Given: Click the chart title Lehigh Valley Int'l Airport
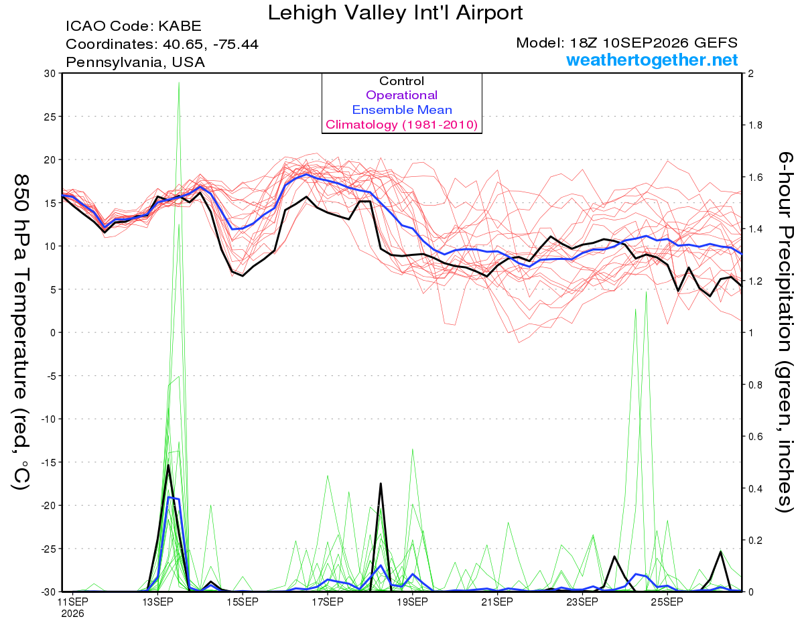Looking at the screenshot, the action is [x=395, y=13].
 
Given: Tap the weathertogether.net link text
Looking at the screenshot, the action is [x=652, y=60].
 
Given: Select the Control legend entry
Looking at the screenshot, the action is [x=401, y=81].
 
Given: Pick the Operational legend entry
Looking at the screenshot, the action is [x=401, y=95].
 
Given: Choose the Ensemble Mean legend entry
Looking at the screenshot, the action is [x=402, y=110].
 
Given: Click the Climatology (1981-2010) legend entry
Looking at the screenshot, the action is [x=402, y=125].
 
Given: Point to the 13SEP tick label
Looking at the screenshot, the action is [x=157, y=602].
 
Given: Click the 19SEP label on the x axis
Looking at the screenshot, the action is [x=412, y=602].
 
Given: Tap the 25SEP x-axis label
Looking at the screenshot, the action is [x=667, y=602].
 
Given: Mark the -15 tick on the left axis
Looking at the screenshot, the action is [x=48, y=462].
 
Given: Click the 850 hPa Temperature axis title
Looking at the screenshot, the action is [x=21, y=332].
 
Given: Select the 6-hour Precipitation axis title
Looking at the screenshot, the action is [x=785, y=332].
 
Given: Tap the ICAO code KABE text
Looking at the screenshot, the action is [x=133, y=26].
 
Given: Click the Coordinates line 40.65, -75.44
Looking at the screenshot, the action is [x=162, y=44].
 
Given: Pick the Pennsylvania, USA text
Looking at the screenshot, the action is [x=135, y=62].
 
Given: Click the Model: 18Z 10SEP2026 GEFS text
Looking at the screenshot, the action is [x=626, y=43].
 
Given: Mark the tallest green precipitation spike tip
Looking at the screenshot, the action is [x=179, y=82].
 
